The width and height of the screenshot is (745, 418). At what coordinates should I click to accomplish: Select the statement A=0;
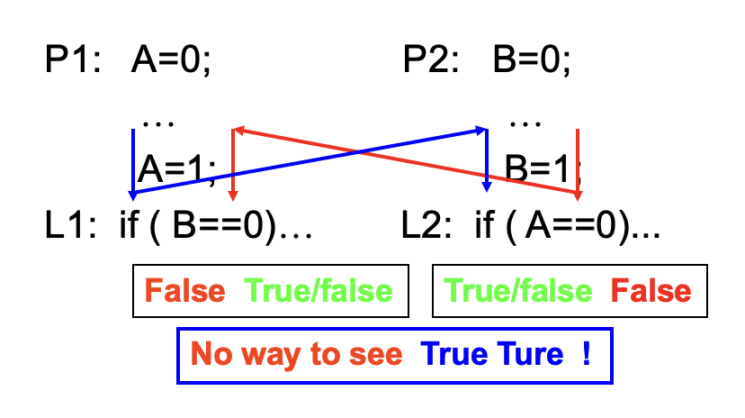[x=171, y=61]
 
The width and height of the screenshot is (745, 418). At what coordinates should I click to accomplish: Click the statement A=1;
[x=176, y=168]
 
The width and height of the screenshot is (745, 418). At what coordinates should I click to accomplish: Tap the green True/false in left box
[x=319, y=291]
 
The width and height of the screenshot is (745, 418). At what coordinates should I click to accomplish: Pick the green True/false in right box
[x=519, y=291]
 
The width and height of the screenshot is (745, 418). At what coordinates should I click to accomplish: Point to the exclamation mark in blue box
[x=587, y=354]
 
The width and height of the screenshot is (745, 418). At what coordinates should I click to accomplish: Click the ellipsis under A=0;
[x=157, y=122]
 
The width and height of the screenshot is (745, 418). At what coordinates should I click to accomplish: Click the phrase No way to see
[x=296, y=354]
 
